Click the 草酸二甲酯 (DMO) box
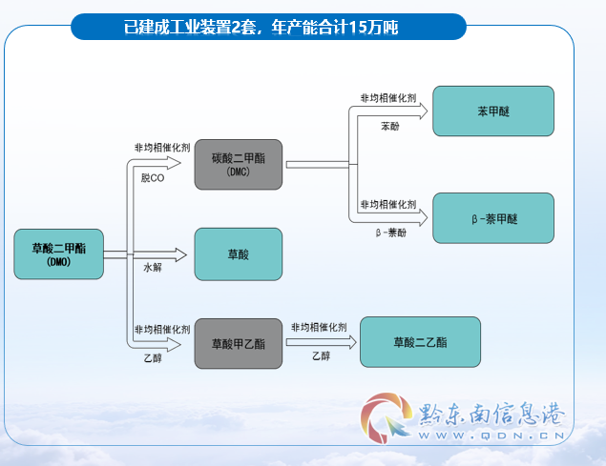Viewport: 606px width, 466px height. [59, 254]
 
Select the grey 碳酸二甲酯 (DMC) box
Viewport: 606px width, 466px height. [239, 165]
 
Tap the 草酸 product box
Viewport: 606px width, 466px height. [239, 254]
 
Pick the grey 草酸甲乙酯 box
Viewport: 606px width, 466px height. [239, 344]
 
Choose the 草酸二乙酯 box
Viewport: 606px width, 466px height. [421, 342]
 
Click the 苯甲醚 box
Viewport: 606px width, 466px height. [493, 111]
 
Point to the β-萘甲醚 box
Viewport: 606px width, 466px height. [493, 218]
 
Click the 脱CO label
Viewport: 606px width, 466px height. [153, 178]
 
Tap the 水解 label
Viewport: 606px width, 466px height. [153, 267]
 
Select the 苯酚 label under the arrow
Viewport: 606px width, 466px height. [390, 126]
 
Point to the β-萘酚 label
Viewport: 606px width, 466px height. [391, 233]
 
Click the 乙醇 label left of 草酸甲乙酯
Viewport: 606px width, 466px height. [153, 358]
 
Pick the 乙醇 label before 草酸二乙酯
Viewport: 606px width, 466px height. [322, 356]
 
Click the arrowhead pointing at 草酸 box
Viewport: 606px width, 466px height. [181, 254]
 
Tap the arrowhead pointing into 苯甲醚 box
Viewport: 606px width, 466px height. [423, 111]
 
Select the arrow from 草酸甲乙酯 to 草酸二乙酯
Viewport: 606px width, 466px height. [322, 342]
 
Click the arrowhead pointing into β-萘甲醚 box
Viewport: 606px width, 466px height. [423, 218]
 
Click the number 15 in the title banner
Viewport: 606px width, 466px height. [357, 27]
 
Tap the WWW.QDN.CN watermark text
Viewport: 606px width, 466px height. [491, 436]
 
